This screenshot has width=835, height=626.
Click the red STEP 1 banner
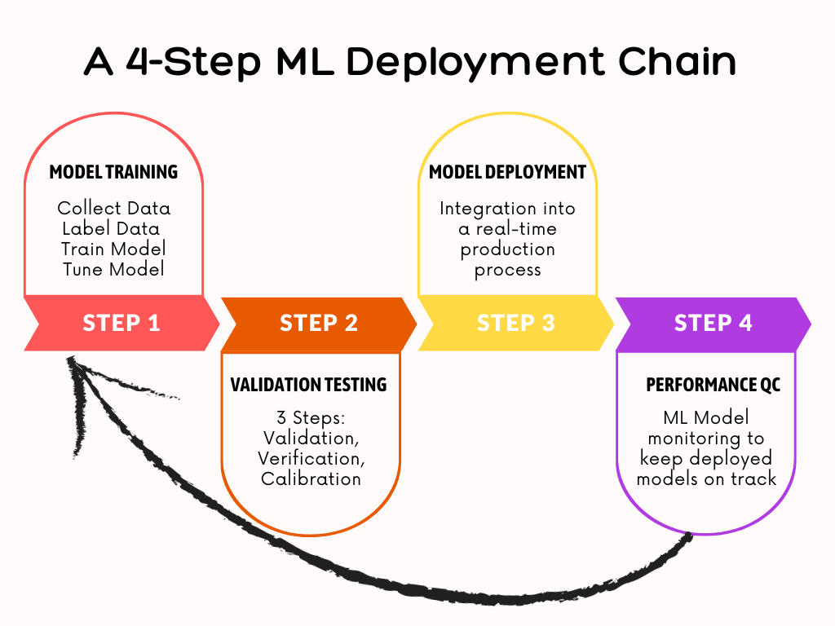click(x=121, y=323)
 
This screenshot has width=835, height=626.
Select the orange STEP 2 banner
click(x=319, y=323)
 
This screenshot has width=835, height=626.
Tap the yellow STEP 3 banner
click(x=515, y=323)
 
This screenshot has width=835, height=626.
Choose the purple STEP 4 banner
click(x=713, y=323)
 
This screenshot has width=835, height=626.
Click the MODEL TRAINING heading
click(x=113, y=172)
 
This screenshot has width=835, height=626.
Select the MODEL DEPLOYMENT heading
click(x=507, y=172)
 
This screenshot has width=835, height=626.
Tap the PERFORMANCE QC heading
click(x=713, y=385)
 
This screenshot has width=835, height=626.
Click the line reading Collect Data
click(x=114, y=209)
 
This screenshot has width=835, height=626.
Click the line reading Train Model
click(x=113, y=249)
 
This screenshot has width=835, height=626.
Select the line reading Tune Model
click(x=113, y=269)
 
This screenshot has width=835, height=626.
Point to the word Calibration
click(x=311, y=478)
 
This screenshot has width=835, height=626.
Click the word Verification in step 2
click(x=311, y=458)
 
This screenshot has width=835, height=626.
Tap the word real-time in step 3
click(x=516, y=229)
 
